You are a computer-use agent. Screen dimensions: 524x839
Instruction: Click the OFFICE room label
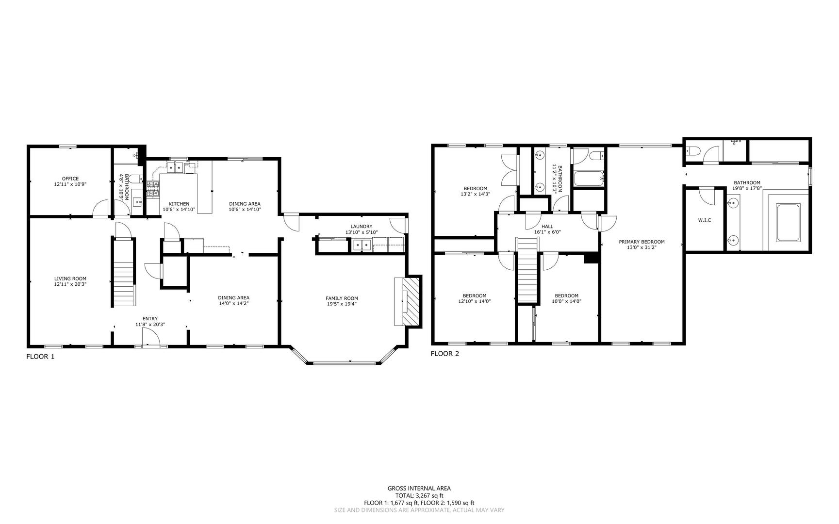click(x=70, y=179)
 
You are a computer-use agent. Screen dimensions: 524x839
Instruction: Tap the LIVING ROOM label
click(x=70, y=278)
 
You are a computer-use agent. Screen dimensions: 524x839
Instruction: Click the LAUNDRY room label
click(x=361, y=226)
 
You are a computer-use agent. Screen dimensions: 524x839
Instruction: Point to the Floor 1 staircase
click(x=124, y=284)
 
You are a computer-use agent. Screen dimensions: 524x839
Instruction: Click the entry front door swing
click(x=151, y=337)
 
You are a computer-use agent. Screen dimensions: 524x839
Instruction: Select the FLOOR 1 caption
click(x=40, y=357)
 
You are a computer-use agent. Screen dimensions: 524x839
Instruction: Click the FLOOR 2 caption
click(x=444, y=354)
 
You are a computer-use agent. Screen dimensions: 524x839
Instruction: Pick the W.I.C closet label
click(x=705, y=220)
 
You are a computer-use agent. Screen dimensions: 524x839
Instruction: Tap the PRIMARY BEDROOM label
click(x=642, y=242)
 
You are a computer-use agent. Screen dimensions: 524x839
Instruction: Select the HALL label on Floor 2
click(x=547, y=226)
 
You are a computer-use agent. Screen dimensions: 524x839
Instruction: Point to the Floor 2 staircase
click(x=527, y=277)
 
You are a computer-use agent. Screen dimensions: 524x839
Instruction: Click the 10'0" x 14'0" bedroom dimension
click(x=566, y=301)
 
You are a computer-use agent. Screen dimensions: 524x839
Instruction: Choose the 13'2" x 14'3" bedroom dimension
click(x=475, y=194)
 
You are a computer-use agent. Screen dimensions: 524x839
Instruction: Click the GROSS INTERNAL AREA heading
click(x=419, y=489)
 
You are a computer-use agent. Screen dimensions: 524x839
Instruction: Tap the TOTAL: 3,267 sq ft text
click(x=419, y=496)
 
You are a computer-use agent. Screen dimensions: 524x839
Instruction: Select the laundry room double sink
click(x=362, y=246)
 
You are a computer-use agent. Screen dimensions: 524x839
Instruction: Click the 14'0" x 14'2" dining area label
click(x=233, y=303)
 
